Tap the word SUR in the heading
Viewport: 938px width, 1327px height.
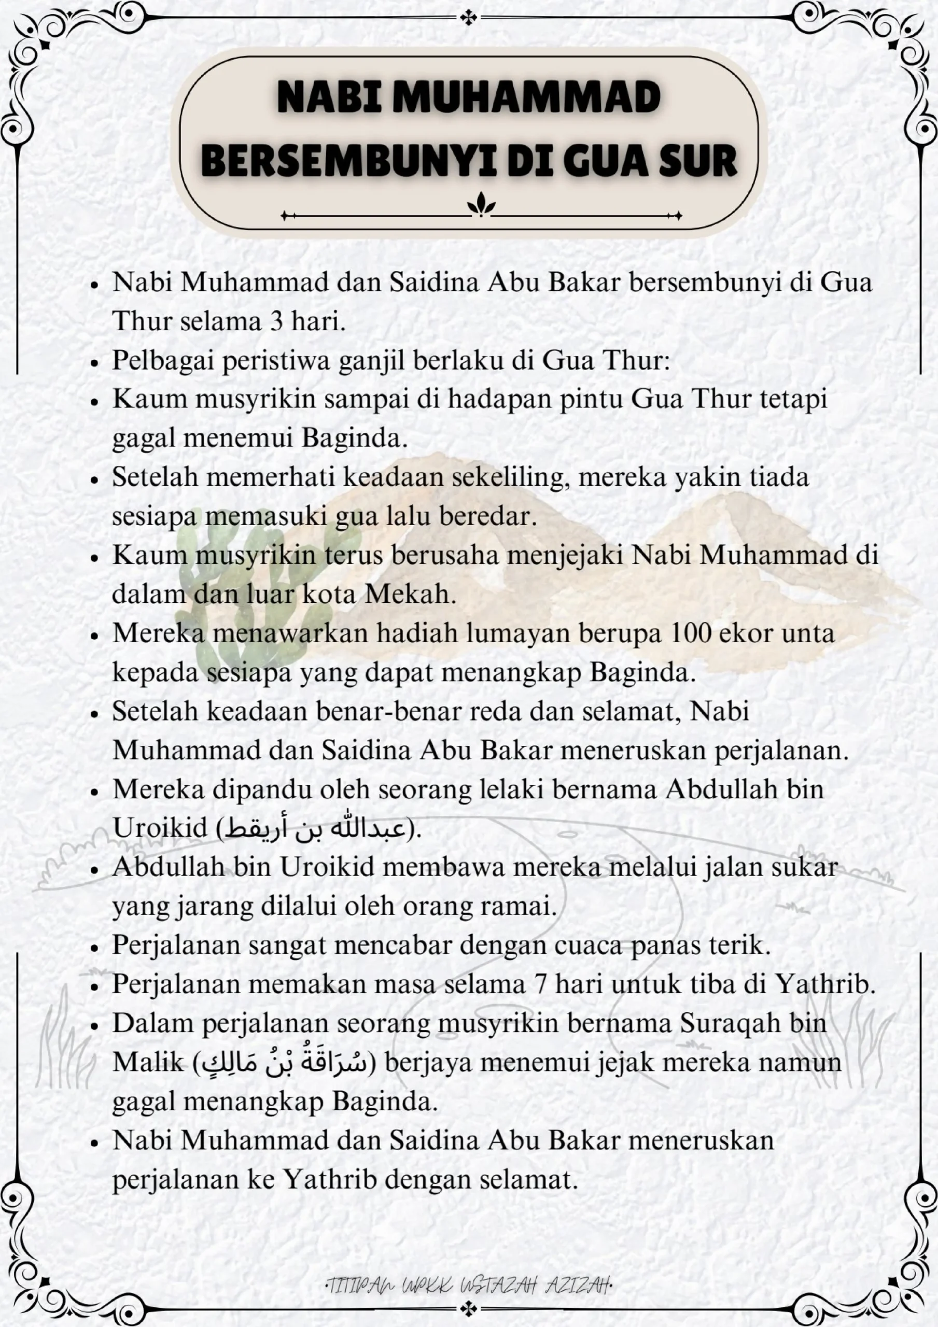tap(698, 161)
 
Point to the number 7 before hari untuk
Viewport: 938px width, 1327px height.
tap(541, 984)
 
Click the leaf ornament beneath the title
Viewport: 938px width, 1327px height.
tap(481, 205)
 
